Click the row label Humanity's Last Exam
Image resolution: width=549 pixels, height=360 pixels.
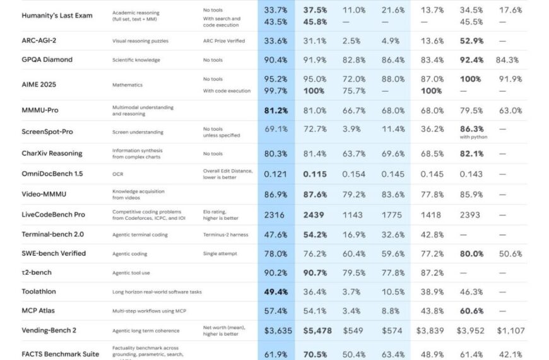pos(57,15)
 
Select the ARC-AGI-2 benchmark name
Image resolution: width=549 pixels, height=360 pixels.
pos(42,40)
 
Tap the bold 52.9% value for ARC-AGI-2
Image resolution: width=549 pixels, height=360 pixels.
pos(471,40)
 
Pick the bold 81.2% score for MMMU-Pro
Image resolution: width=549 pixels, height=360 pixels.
pos(276,111)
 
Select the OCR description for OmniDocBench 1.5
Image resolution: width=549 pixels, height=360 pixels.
pos(117,174)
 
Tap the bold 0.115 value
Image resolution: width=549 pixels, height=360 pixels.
pos(314,174)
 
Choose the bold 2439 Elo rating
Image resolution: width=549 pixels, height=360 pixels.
pos(314,215)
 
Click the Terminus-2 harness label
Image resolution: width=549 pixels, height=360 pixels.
pos(226,235)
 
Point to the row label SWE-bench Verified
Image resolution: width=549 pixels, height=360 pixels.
pos(54,254)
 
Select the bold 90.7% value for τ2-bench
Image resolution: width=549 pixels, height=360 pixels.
pos(314,273)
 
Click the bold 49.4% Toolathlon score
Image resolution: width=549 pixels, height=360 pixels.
pos(276,292)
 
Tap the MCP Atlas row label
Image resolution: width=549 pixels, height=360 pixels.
pos(39,311)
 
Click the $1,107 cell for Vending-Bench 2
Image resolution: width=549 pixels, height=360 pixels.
pos(510,330)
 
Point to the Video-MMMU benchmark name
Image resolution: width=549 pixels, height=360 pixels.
pos(44,195)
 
